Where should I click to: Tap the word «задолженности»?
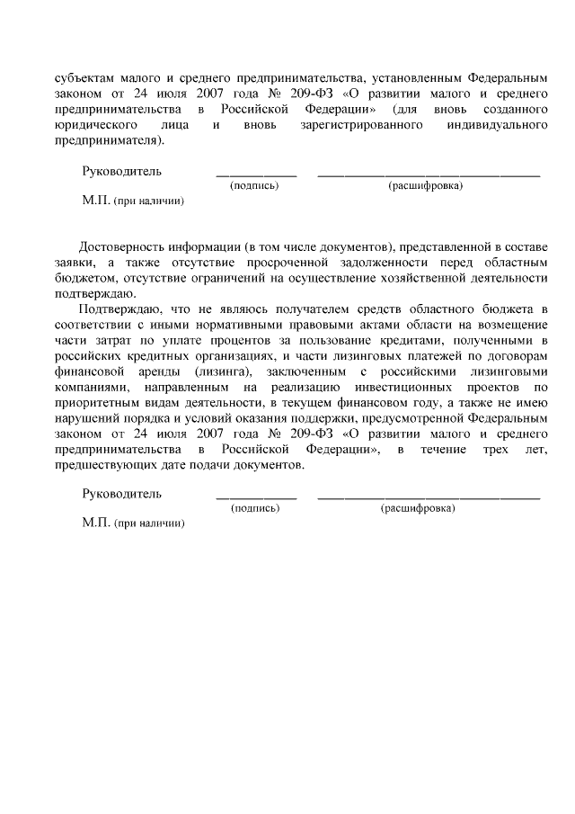pyautogui.click(x=398, y=262)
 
